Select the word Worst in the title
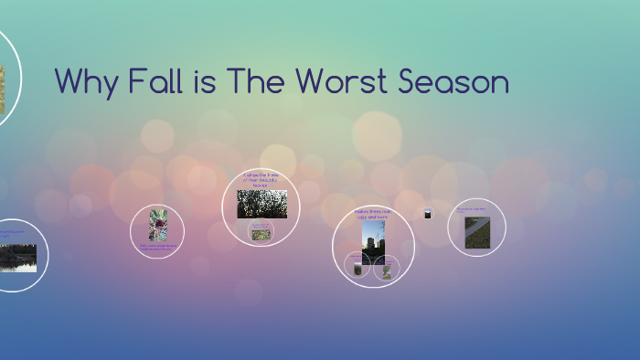tap(331, 82)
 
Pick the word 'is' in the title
tap(204, 82)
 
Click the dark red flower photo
tap(157, 225)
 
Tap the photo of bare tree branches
tap(261, 204)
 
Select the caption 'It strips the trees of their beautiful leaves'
tap(261, 179)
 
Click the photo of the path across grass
tap(476, 232)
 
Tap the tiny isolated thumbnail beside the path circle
tap(427, 214)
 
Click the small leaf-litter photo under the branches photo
tap(261, 234)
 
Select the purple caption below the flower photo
tap(157, 247)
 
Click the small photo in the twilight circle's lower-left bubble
tap(357, 268)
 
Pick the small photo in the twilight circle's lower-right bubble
tap(388, 270)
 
